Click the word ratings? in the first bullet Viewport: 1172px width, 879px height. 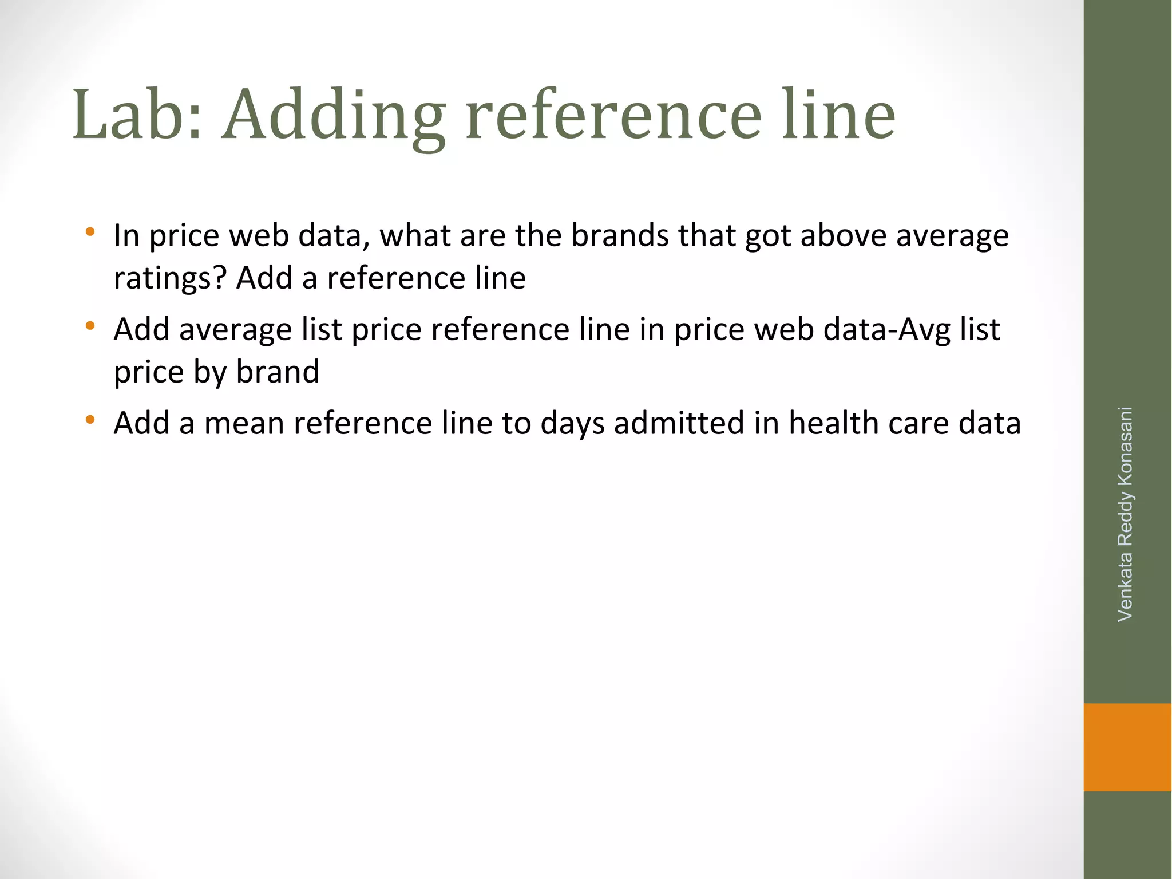(x=171, y=279)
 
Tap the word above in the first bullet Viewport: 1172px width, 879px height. (x=843, y=235)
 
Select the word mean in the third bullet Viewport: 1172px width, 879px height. (x=244, y=424)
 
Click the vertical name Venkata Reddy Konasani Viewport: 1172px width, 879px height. (x=1125, y=514)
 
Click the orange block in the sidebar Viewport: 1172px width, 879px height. (x=1127, y=747)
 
